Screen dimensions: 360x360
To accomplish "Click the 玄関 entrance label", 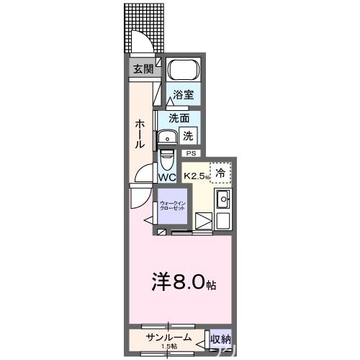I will click(x=143, y=69).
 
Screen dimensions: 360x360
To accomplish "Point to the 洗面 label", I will click(x=179, y=118).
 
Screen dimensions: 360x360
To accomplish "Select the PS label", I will click(x=191, y=153).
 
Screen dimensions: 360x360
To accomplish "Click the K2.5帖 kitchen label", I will click(x=196, y=176).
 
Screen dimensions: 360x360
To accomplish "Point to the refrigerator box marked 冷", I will click(x=221, y=172).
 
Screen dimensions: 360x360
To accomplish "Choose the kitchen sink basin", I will click(x=223, y=199).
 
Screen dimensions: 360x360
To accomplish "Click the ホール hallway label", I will click(x=140, y=134).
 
